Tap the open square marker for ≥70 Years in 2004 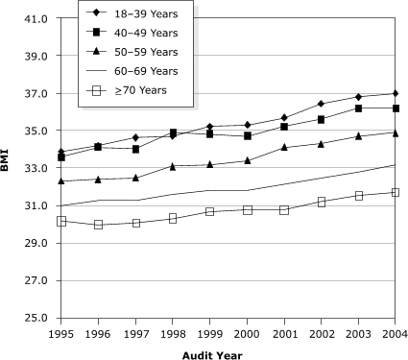click(394, 193)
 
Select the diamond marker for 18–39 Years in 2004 click(394, 93)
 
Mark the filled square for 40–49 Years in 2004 click(394, 108)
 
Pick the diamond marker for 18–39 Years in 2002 click(321, 104)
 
